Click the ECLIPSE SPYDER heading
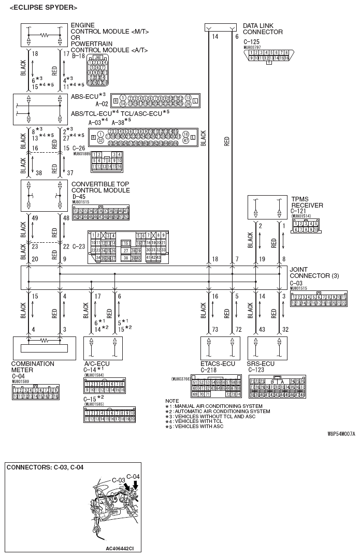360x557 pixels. tap(44, 7)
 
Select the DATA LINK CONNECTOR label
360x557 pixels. tap(263, 28)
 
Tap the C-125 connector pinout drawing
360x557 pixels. tap(268, 56)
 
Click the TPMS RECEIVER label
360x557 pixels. tap(307, 202)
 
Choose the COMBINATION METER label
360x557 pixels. tap(33, 367)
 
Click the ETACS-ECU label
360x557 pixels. tap(218, 364)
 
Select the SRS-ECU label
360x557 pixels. tap(262, 364)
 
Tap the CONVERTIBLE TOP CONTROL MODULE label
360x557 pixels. tap(100, 187)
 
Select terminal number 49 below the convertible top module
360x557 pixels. tap(35, 218)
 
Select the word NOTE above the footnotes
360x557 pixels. tap(172, 401)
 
